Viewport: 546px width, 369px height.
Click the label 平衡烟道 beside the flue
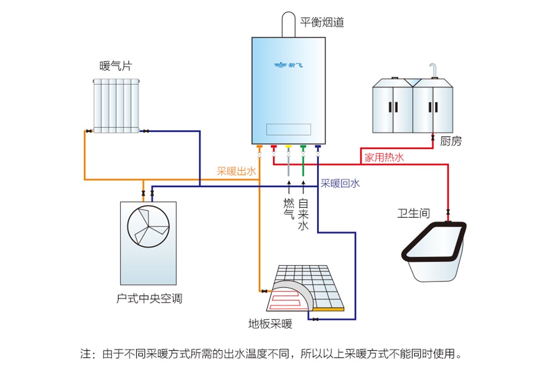coord(322,22)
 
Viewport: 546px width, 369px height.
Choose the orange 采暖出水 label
coord(236,171)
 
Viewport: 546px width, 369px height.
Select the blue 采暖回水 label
coord(340,183)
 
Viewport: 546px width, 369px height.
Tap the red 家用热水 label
coord(384,157)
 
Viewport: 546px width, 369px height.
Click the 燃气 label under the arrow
coord(289,207)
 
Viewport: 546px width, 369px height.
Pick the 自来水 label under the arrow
coord(303,214)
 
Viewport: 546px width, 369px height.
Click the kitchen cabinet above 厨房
coord(412,106)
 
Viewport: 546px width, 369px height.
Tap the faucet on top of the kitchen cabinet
coord(435,70)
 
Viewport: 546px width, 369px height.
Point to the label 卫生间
coord(413,213)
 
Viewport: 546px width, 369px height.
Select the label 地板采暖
coord(270,324)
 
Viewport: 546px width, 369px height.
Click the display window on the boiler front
coord(288,129)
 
